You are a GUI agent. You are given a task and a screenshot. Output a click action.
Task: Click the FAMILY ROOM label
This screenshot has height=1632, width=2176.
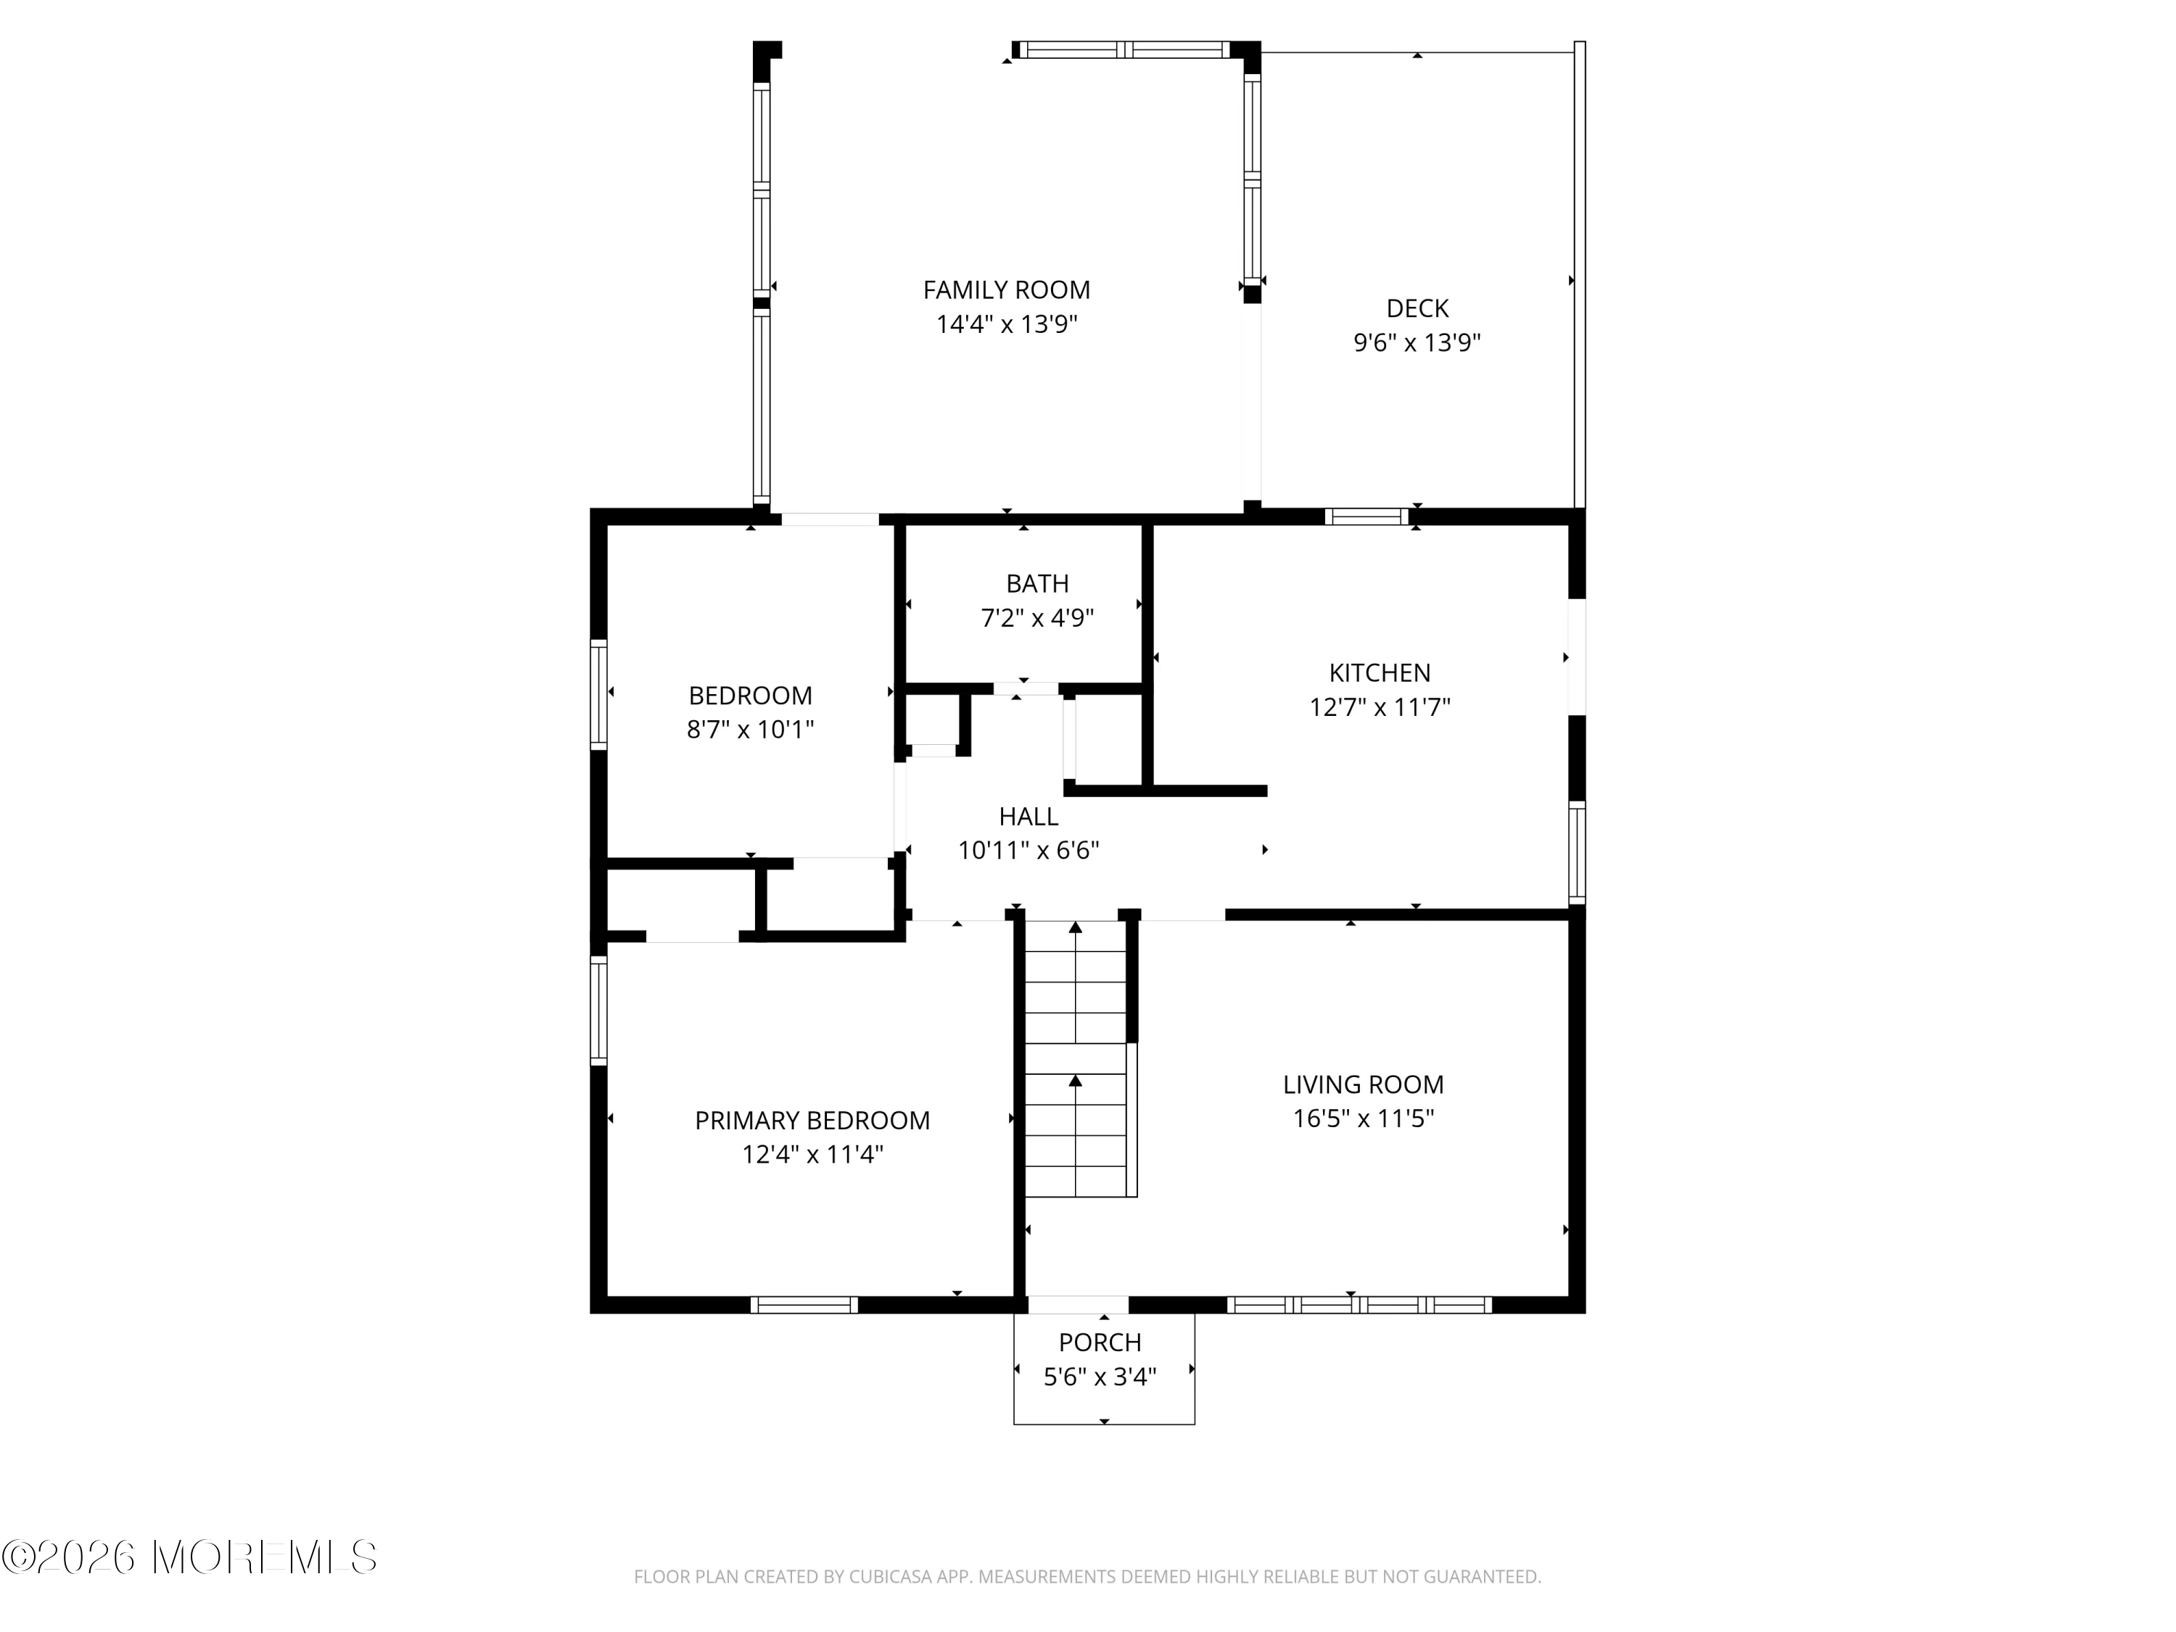tap(1006, 290)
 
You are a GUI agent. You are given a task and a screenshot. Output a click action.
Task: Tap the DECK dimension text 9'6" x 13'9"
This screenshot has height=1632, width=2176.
tap(1417, 342)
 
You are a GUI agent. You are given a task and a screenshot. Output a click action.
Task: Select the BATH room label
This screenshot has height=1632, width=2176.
tap(1037, 583)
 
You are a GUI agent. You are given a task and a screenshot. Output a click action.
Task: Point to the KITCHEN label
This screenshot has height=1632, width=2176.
tap(1379, 673)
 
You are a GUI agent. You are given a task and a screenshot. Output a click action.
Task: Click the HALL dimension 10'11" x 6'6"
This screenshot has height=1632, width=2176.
tap(1028, 850)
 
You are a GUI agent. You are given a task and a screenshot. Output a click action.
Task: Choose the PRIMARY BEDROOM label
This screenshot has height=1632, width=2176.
tap(812, 1121)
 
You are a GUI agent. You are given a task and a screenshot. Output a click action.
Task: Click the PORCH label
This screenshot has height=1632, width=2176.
tap(1100, 1343)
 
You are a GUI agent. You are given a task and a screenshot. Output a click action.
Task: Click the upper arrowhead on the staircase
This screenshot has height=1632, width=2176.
tap(1075, 927)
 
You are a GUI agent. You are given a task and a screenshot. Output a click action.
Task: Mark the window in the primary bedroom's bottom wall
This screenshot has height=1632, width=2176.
tap(804, 1304)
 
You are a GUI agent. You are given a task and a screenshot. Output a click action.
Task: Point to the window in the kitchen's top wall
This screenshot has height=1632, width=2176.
tap(1367, 516)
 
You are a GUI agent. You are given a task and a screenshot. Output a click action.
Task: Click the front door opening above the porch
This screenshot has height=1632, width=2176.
tap(1078, 1304)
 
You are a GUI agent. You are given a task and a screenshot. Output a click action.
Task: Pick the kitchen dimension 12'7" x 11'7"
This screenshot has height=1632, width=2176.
tap(1379, 707)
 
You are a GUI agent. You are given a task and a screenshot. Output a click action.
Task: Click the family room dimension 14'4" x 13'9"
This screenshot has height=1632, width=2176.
tap(1006, 325)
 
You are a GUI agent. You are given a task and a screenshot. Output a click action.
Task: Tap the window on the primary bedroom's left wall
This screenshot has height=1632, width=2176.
tap(598, 1010)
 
